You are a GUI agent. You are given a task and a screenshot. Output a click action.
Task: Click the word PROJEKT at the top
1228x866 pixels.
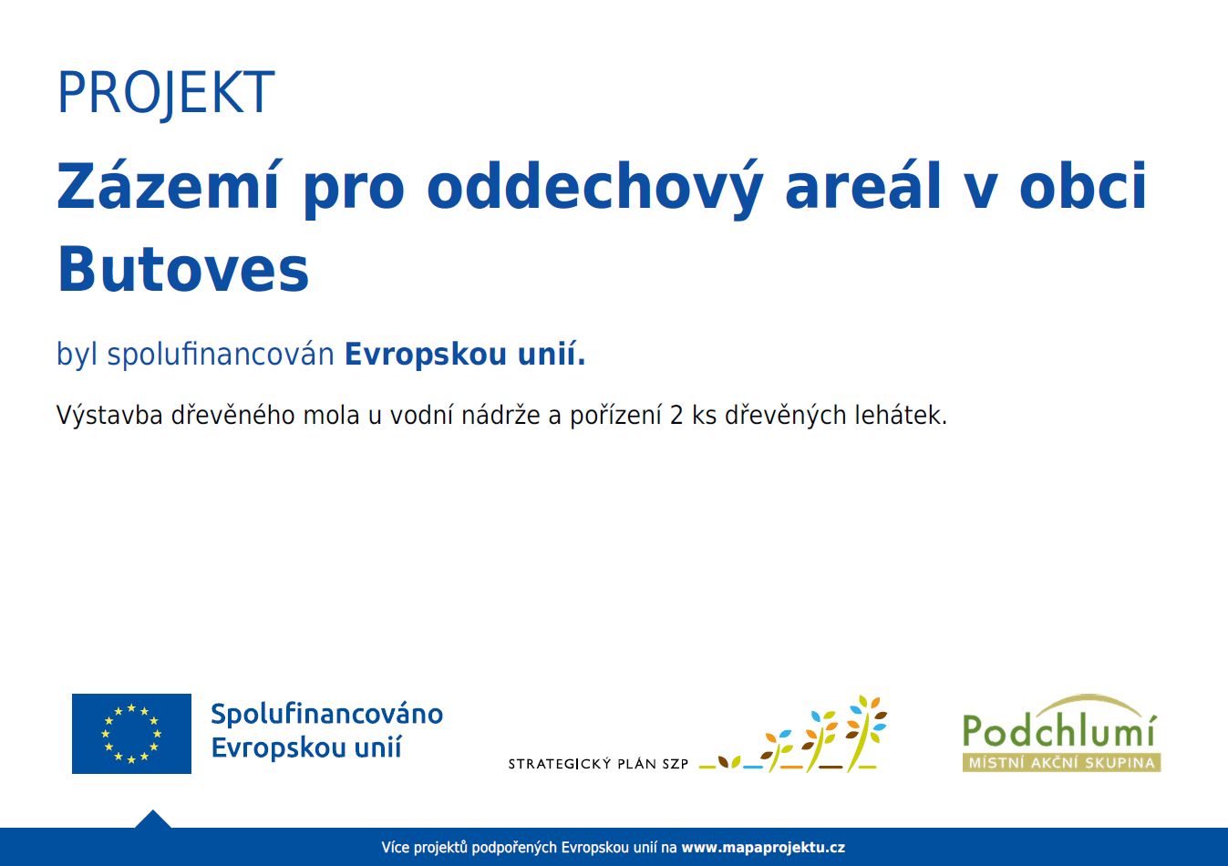[166, 93]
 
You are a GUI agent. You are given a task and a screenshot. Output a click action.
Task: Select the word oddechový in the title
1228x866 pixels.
[594, 189]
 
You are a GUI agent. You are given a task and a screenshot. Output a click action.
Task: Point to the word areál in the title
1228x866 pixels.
[863, 185]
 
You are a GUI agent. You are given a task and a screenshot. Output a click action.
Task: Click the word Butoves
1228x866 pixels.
[183, 269]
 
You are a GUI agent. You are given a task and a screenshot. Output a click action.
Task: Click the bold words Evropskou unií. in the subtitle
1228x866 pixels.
[465, 354]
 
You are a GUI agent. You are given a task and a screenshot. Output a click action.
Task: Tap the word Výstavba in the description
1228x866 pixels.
[109, 415]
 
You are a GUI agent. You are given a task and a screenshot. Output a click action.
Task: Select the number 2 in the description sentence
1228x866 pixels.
[676, 416]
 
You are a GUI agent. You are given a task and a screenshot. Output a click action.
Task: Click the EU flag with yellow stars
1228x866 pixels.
[131, 733]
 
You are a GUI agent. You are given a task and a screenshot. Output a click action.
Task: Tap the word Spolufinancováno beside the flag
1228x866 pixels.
[326, 714]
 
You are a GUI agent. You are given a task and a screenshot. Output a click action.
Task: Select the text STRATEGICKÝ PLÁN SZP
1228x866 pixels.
[598, 764]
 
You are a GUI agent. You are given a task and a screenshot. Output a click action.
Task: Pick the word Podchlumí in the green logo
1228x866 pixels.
[1060, 730]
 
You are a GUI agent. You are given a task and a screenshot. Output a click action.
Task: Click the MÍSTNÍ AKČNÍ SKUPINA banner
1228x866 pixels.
[1061, 762]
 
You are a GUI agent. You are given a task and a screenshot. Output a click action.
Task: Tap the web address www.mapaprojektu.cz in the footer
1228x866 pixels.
[763, 848]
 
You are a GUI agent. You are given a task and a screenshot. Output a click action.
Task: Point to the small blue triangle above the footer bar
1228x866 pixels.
[153, 820]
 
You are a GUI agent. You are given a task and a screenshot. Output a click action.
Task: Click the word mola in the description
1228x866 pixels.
[331, 415]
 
